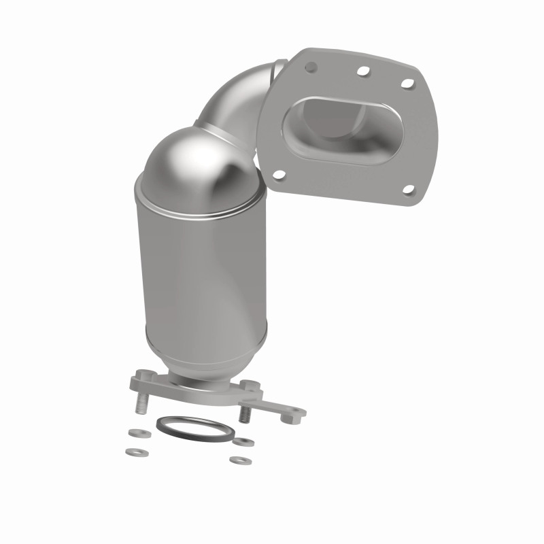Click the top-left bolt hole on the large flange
pos(312,67)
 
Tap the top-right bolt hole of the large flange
pos(407,83)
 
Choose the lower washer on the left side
pos(129,451)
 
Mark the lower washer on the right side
pos(237,460)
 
